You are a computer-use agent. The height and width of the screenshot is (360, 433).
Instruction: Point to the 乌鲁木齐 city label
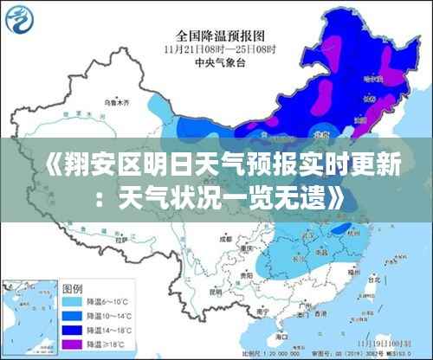coord(115,103)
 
